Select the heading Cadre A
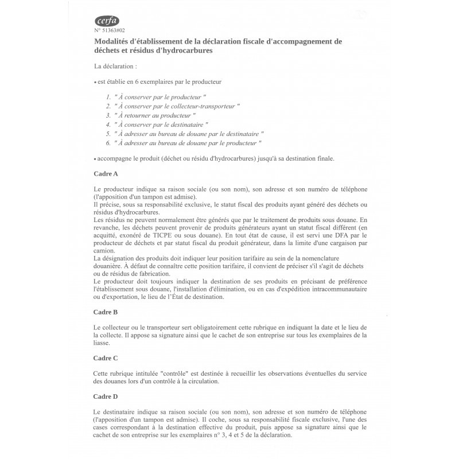tap(106, 173)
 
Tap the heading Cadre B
tap(106, 312)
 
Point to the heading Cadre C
tap(106, 358)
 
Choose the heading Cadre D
tap(106, 396)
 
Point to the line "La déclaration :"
tap(115, 67)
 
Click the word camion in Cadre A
tap(104, 251)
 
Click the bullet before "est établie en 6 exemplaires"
tap(95, 83)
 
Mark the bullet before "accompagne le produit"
tap(95, 159)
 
